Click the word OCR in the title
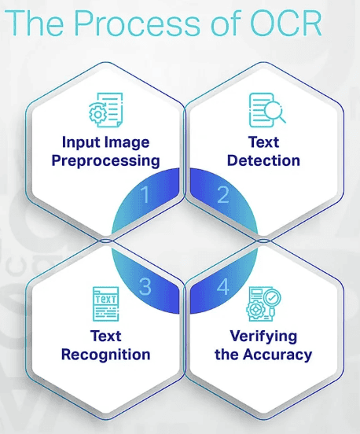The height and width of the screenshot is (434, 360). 286,23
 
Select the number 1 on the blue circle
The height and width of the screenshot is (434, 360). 145,194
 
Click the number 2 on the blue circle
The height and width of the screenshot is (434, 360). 223,194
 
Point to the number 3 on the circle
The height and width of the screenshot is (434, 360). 145,286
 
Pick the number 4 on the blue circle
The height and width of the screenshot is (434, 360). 222,286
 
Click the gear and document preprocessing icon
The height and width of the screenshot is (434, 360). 105,110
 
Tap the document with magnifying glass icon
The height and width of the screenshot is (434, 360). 267,110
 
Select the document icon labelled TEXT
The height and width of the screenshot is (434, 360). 105,304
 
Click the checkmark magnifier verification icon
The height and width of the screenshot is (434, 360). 263,304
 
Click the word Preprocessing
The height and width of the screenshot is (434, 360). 105,161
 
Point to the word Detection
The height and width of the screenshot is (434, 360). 263,160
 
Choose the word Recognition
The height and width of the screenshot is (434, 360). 105,355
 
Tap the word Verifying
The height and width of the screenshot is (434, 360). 263,337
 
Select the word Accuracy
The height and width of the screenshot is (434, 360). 277,355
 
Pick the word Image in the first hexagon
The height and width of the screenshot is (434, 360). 127,143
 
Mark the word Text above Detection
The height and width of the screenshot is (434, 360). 263,142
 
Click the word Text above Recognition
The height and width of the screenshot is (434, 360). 105,337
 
